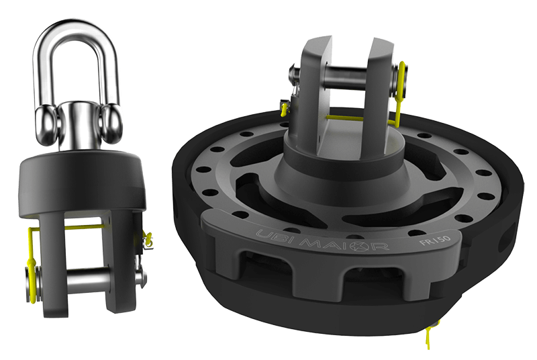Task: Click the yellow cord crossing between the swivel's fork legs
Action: point(87,226)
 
